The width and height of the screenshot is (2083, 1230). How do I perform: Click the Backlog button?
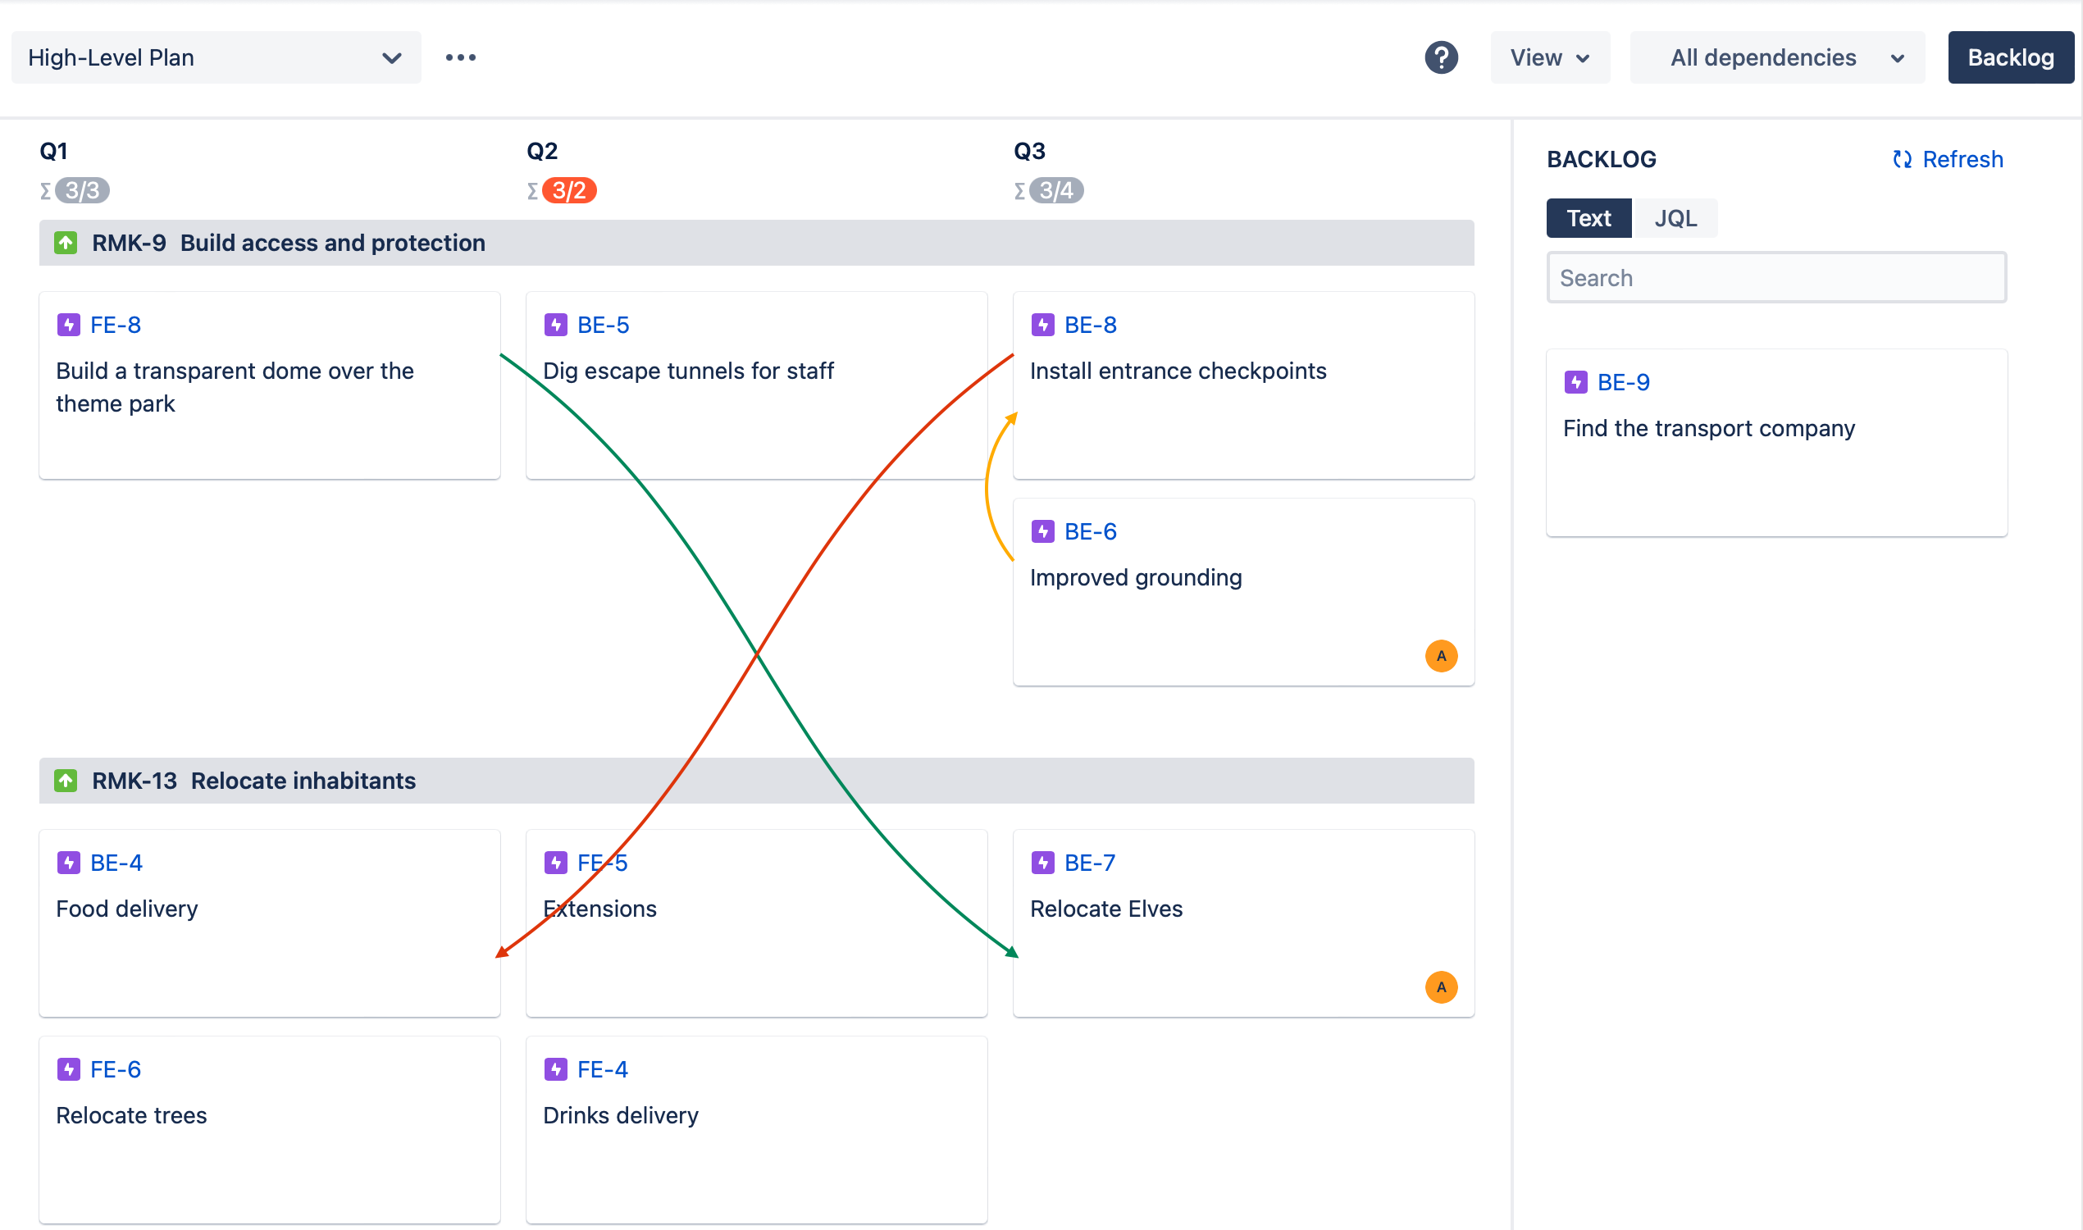click(2009, 57)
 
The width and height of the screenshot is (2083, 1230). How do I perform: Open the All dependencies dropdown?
click(1775, 57)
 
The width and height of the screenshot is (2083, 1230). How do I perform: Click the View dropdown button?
click(1548, 57)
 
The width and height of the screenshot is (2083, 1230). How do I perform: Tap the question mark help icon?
click(1441, 57)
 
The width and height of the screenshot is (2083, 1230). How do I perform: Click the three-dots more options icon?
click(460, 57)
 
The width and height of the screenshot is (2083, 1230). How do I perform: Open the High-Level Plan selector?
click(216, 57)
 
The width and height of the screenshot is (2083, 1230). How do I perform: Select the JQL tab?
click(1675, 218)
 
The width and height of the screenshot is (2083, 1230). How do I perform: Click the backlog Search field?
click(1775, 278)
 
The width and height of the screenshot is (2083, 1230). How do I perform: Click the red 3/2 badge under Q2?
click(568, 190)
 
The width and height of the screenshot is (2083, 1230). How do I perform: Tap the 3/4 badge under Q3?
click(1056, 190)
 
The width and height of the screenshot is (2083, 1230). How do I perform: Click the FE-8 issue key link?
click(115, 325)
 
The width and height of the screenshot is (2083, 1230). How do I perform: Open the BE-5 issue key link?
click(603, 325)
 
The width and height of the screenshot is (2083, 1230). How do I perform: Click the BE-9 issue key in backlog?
click(1622, 382)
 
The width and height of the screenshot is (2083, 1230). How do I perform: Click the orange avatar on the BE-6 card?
click(1441, 656)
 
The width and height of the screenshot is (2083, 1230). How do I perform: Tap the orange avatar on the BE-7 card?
click(1441, 986)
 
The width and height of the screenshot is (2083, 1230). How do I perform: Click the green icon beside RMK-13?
click(66, 781)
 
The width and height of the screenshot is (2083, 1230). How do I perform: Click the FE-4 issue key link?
click(602, 1069)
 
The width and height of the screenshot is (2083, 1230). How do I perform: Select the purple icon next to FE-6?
click(68, 1069)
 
